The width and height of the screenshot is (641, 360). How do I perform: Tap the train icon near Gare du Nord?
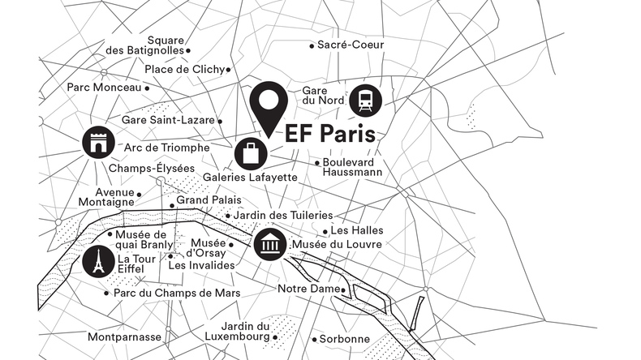(x=366, y=101)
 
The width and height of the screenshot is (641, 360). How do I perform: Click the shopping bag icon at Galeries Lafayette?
(x=251, y=153)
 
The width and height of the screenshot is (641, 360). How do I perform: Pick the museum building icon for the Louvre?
(x=269, y=243)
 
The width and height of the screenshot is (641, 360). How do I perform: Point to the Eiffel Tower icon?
(x=97, y=261)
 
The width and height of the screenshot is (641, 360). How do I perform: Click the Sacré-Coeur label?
(x=351, y=45)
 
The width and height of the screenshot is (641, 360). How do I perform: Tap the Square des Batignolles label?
(x=146, y=45)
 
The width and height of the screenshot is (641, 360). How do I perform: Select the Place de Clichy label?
(x=184, y=70)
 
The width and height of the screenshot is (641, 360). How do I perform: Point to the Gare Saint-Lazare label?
(x=167, y=120)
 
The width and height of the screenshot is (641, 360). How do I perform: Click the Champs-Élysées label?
(x=152, y=168)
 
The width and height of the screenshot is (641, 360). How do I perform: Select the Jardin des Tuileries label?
(x=282, y=215)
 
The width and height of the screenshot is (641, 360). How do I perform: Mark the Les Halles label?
(x=357, y=230)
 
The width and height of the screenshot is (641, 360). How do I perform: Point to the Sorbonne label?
(x=344, y=338)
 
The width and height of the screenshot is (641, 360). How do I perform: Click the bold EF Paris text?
(x=330, y=135)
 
